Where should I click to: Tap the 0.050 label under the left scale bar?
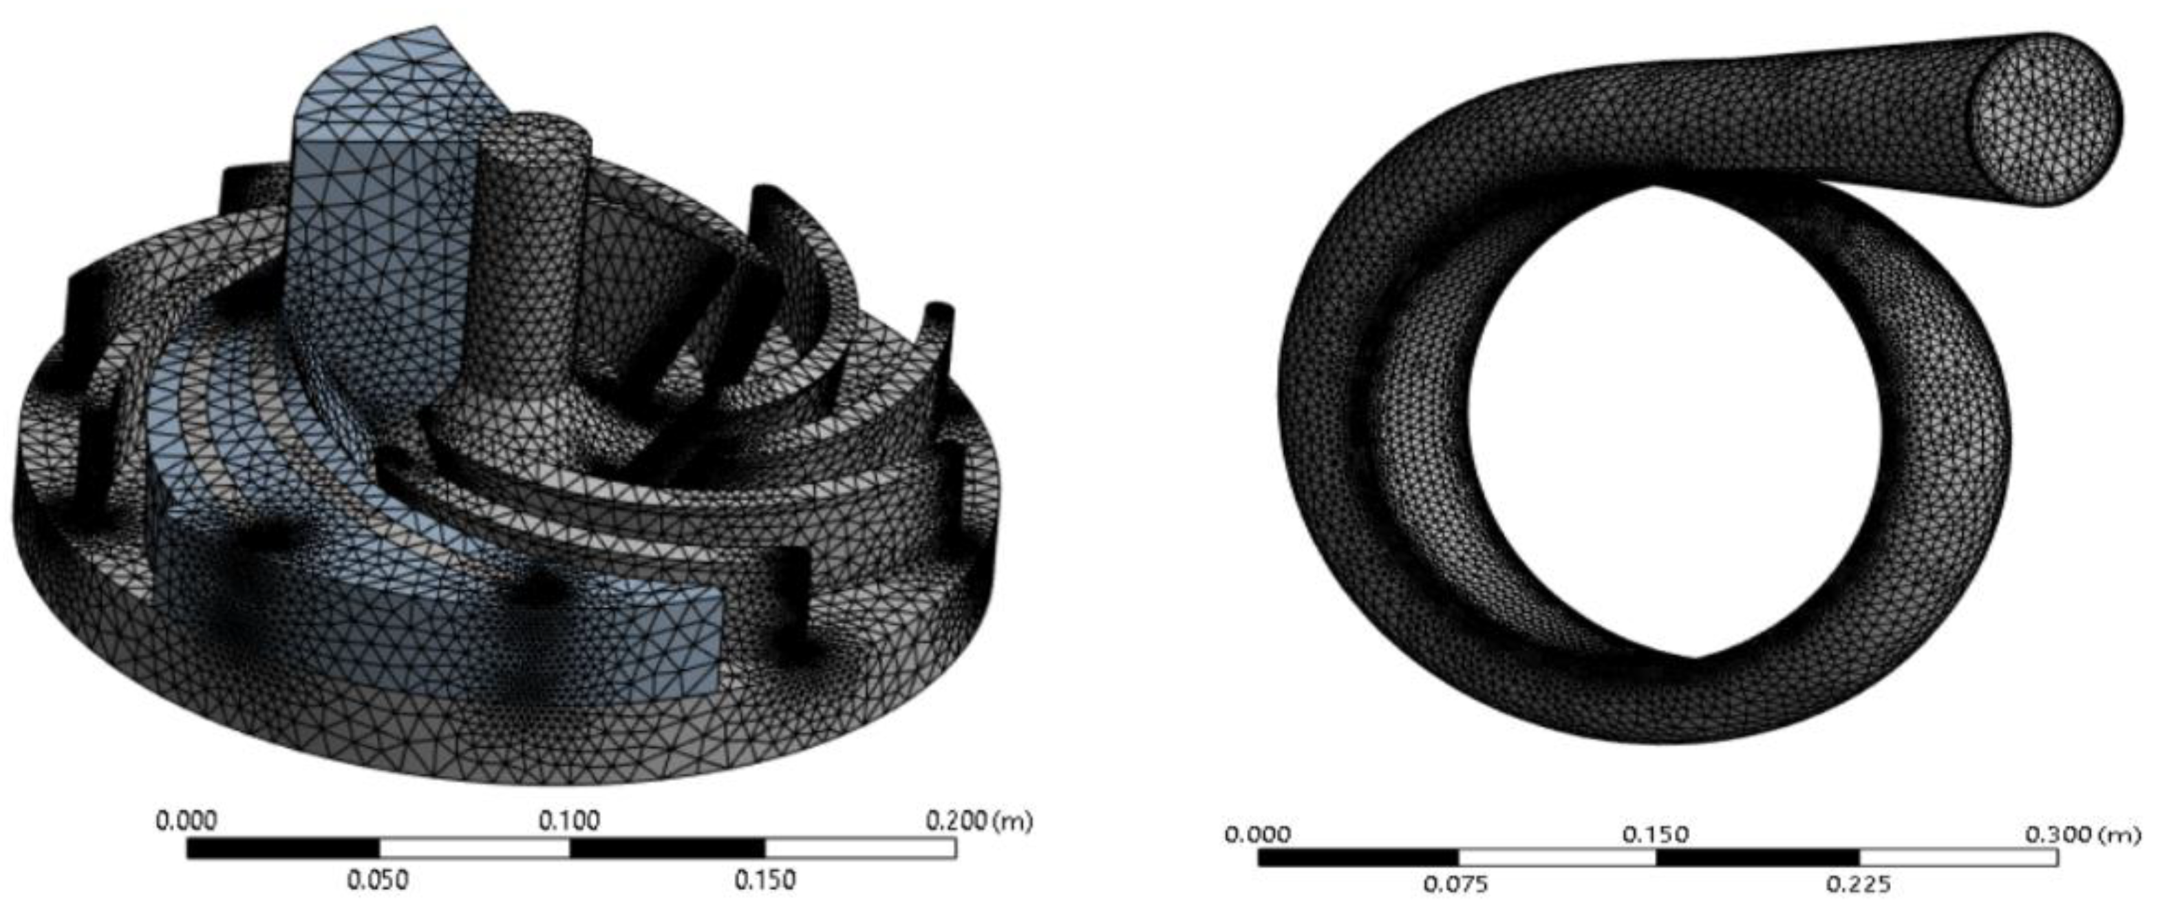pyautogui.click(x=378, y=880)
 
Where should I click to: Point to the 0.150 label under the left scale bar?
pyautogui.click(x=764, y=880)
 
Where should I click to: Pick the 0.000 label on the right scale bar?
pyautogui.click(x=1258, y=835)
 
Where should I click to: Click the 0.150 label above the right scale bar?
pyautogui.click(x=1656, y=835)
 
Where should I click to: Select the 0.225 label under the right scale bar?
pyautogui.click(x=1858, y=884)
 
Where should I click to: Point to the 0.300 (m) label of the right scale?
pyautogui.click(x=2083, y=835)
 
